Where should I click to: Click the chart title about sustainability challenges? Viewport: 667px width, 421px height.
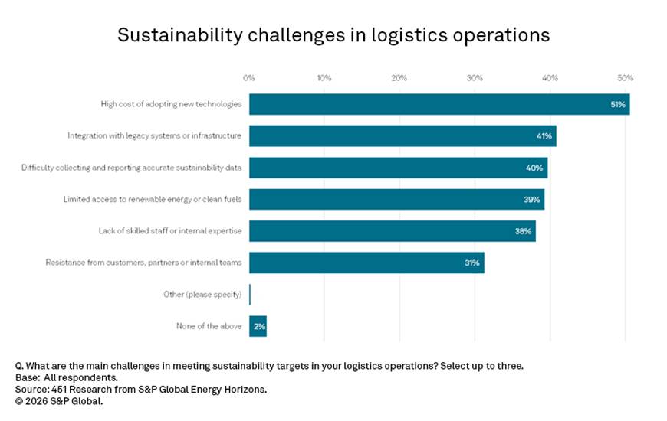click(x=333, y=35)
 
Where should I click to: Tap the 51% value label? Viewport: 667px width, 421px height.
click(x=618, y=104)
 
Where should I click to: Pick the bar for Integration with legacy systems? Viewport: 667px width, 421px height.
click(x=402, y=136)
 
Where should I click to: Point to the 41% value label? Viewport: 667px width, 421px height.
click(x=544, y=136)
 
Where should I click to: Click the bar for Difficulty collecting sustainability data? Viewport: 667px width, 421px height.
click(x=398, y=168)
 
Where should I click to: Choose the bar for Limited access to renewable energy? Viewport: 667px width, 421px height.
click(x=396, y=199)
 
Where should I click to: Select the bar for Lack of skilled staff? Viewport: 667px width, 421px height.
click(x=392, y=231)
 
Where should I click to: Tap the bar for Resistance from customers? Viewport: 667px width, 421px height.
click(x=366, y=263)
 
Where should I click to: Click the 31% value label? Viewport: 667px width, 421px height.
click(x=472, y=263)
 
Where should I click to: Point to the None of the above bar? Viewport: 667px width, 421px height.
click(x=258, y=326)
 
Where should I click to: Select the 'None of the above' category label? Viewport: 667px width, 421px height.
click(x=209, y=326)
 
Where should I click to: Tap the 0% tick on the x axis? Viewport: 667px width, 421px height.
click(x=249, y=78)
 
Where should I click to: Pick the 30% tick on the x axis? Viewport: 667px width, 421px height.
click(x=475, y=78)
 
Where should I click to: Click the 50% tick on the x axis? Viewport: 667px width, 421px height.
click(x=626, y=78)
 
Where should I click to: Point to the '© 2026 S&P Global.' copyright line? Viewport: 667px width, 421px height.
click(x=59, y=401)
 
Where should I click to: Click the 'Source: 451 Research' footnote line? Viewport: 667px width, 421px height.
click(x=140, y=390)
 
